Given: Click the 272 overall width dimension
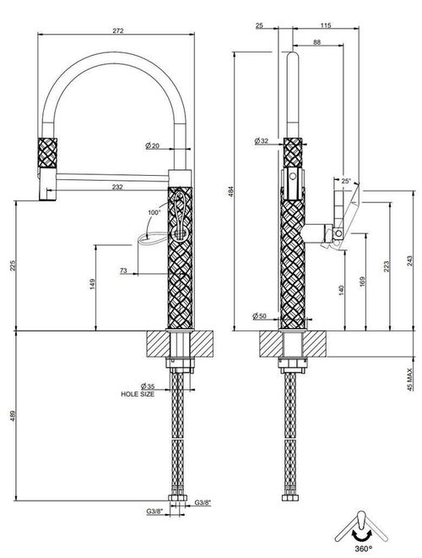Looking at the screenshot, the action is click(x=118, y=30).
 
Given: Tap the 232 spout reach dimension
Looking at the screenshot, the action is click(x=117, y=187).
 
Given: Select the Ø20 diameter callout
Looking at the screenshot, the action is click(x=153, y=145).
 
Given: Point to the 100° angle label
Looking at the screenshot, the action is click(x=154, y=212).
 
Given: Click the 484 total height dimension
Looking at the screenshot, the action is click(x=231, y=191).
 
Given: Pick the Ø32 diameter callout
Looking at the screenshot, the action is click(x=261, y=141).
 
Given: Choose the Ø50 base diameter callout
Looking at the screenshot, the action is click(x=259, y=315).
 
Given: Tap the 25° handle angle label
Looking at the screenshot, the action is click(x=346, y=181).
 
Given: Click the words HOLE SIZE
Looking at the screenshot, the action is click(x=138, y=394).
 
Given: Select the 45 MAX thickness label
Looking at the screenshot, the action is click(x=410, y=380).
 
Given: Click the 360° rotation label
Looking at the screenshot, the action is click(x=363, y=549).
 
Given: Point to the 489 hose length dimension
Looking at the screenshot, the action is click(x=14, y=415).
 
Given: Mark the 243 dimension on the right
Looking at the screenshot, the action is click(x=410, y=261).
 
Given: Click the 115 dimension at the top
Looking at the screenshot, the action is click(x=326, y=25).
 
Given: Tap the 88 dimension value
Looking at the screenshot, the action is click(x=316, y=42).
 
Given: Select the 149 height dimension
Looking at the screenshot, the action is click(x=92, y=284).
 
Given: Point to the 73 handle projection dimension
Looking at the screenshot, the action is click(x=123, y=271).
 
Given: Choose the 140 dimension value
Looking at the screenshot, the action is click(x=341, y=290).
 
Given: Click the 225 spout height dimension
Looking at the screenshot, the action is click(x=14, y=265).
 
